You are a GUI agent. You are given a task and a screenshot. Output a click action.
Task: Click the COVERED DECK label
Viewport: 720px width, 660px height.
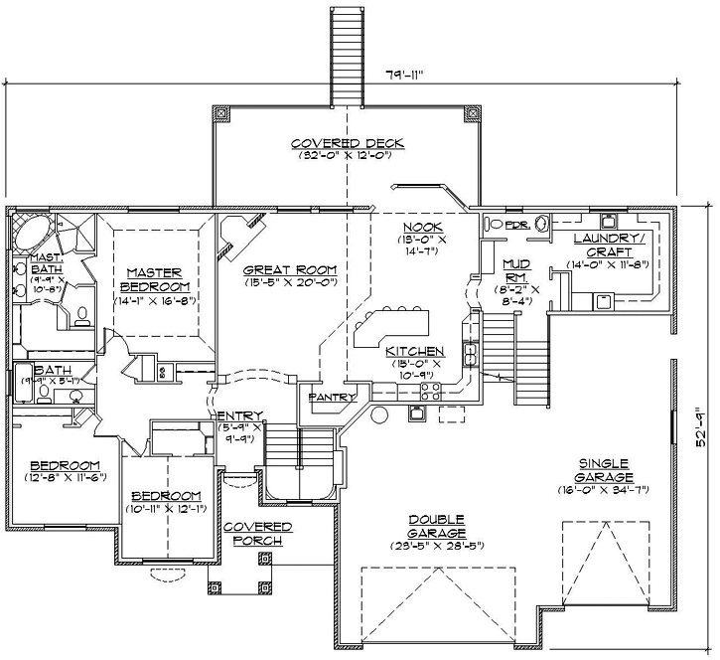(342, 142)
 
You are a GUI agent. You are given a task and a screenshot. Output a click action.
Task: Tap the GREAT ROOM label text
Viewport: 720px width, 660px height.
(290, 269)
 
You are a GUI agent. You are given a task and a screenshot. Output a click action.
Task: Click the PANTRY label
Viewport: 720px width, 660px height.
(332, 397)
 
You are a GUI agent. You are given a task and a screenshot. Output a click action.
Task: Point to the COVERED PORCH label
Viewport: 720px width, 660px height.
(257, 533)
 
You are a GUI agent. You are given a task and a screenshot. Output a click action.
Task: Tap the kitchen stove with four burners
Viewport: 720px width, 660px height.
(429, 390)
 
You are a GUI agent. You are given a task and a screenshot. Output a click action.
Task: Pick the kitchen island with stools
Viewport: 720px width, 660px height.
(391, 325)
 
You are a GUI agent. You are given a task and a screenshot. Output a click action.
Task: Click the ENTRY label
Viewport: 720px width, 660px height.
(239, 415)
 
